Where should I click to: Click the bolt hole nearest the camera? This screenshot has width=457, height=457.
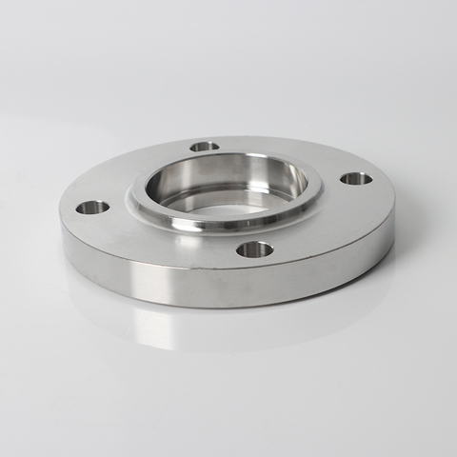pos(254,250)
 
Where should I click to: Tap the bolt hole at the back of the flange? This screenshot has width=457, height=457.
pos(205,147)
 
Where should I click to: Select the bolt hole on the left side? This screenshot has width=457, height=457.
pos(92,207)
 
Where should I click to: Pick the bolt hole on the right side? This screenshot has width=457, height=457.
pos(356,178)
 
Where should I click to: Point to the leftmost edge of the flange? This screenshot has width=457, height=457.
pos(61,214)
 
